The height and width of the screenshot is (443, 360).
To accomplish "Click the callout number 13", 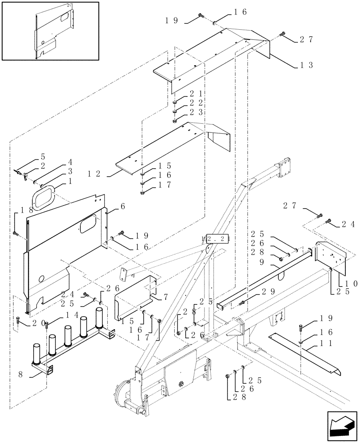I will (x=306, y=65).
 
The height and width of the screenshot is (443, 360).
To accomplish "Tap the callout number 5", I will (x=43, y=156).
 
